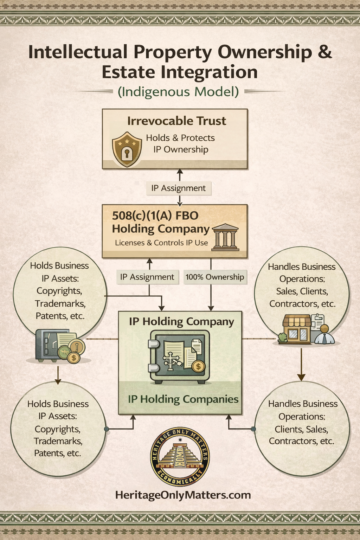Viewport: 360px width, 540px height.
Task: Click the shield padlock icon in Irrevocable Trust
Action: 127,149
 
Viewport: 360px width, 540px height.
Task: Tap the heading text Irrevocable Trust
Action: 176,121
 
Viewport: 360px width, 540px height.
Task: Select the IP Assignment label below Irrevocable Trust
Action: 178,188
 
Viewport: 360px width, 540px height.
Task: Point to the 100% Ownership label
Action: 215,277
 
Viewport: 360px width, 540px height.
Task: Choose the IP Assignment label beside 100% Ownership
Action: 147,277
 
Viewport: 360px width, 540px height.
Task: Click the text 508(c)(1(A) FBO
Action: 155,216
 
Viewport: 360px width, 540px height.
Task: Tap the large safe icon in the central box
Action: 179,357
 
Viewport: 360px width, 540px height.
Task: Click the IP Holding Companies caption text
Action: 183,399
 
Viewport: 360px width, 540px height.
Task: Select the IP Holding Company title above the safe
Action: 181,322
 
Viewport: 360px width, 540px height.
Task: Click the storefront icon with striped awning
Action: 297,329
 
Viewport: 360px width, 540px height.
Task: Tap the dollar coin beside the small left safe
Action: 74,358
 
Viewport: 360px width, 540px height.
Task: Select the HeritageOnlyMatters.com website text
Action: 183,495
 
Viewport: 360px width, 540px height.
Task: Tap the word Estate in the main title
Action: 128,72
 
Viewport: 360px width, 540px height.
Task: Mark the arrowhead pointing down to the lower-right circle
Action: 301,377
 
